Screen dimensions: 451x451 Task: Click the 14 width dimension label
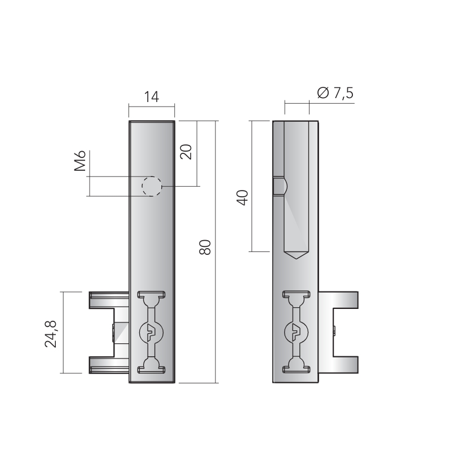(151, 97)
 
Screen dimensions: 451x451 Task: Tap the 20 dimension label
(186, 152)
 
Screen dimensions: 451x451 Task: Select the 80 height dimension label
(205, 247)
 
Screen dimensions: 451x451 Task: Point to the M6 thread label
(80, 161)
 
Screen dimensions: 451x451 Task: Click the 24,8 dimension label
(51, 334)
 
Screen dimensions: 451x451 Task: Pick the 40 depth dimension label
(242, 198)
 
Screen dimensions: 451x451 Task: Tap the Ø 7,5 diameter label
(335, 93)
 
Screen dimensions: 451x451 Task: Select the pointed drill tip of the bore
(297, 255)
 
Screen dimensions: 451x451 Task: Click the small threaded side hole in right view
(280, 187)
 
